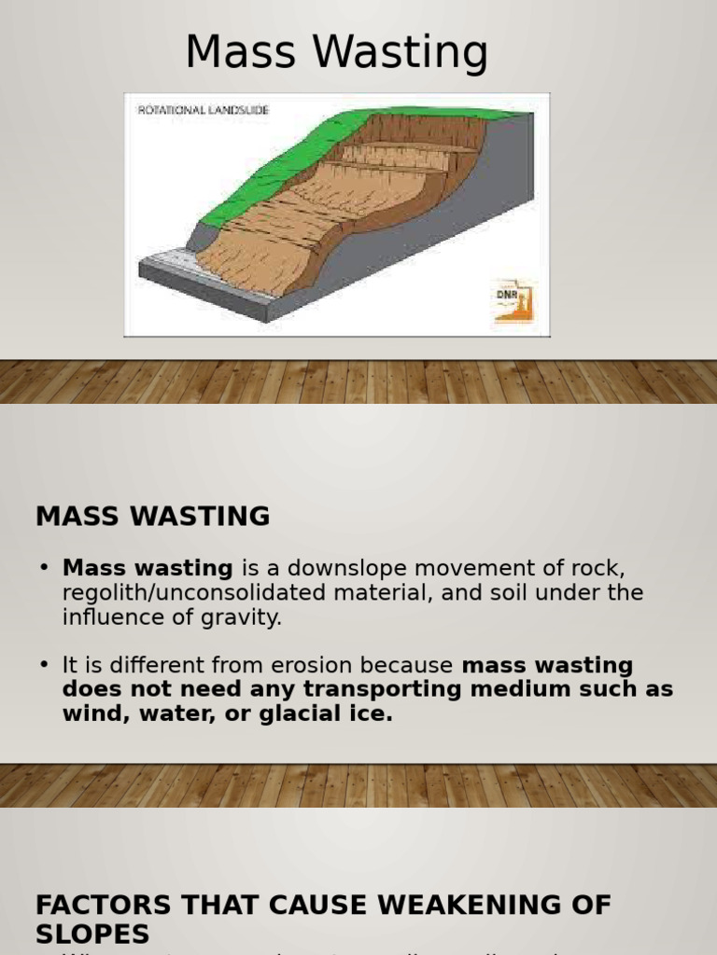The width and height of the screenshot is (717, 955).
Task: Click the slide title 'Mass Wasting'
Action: (336, 53)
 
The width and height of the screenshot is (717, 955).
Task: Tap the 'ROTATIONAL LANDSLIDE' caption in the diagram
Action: (203, 110)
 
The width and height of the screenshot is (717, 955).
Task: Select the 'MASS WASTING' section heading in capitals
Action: (153, 516)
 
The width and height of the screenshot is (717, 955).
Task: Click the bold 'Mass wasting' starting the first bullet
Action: (148, 568)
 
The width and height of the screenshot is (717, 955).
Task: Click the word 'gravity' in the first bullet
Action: (246, 616)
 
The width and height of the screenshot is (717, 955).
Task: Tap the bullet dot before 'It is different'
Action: (43, 665)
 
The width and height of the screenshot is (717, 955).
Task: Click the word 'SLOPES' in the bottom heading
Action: (92, 934)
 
